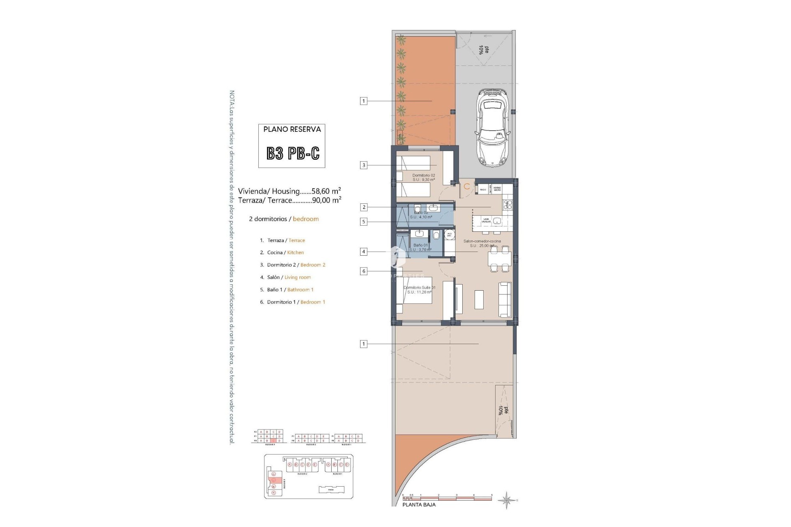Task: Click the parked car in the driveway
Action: coord(493,128)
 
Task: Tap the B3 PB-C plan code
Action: coord(293,154)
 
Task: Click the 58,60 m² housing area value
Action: coord(326,191)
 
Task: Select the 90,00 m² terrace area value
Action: coord(326,200)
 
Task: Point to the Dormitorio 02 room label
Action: coord(424,175)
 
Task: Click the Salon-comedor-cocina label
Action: coord(482,241)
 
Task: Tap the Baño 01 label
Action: coord(421,245)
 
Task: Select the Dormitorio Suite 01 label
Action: coord(419,287)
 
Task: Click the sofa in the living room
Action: coord(504,299)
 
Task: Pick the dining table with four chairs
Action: coord(499,259)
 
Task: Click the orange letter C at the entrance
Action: coord(467,187)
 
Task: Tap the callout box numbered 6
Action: coord(363,271)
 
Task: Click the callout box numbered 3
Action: coord(363,166)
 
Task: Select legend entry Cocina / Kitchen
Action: coord(285,252)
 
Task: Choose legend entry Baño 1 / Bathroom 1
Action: coord(290,289)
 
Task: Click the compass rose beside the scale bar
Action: coord(507,500)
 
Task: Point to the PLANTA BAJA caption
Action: coord(419,505)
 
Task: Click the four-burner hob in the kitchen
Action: coord(508,205)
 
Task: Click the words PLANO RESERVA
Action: coord(292,129)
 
